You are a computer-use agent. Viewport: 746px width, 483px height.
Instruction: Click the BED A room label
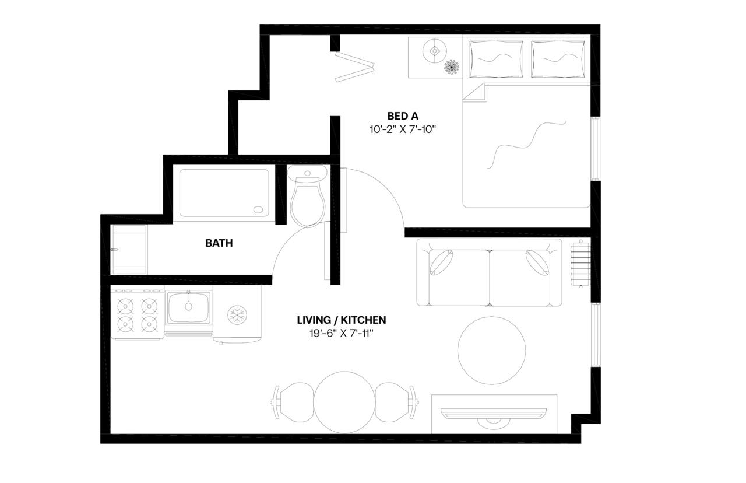403,116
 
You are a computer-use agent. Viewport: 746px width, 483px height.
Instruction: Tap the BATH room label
219,243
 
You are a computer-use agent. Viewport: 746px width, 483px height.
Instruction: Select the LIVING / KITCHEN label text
341,320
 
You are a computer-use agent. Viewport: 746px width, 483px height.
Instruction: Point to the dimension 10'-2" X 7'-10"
403,129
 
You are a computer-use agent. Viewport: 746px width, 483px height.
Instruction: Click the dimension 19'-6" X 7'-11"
341,334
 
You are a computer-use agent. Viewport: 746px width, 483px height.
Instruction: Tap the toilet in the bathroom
307,198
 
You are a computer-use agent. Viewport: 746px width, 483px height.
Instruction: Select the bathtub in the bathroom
224,192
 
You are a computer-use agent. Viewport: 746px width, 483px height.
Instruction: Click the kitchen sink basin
188,308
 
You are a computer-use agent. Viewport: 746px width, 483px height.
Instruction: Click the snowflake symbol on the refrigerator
237,316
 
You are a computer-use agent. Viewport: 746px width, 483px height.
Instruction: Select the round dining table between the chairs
344,401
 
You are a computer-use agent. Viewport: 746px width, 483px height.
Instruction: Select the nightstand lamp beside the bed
435,51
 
